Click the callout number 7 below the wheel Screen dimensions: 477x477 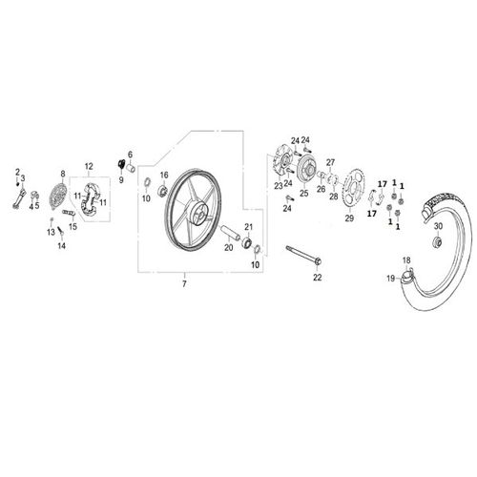[184, 284]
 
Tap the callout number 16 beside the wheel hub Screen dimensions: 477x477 [163, 175]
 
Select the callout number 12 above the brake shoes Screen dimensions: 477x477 [89, 166]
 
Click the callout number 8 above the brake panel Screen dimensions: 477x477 [63, 175]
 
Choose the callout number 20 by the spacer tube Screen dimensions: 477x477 [229, 246]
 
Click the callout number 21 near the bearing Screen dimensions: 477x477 [247, 226]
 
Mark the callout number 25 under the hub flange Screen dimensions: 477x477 [304, 194]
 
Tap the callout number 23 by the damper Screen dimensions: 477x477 [280, 185]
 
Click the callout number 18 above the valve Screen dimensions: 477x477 [405, 259]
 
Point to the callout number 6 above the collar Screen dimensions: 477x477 [131, 155]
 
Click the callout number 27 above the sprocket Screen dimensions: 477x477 [331, 162]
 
